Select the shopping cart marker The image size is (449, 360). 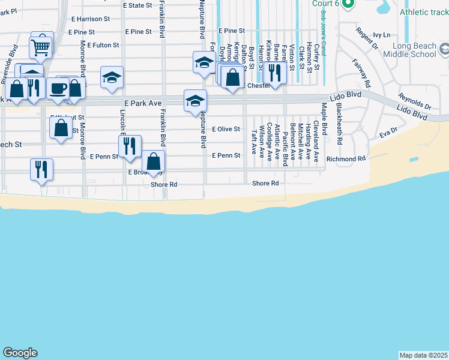[x=40, y=46]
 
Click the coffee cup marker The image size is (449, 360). [x=58, y=88]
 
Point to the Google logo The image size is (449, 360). [x=20, y=353]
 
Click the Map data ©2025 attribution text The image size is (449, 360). [x=424, y=355]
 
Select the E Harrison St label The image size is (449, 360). [x=89, y=19]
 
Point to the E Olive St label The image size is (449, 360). [x=226, y=129]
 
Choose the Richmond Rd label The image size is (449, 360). [x=346, y=159]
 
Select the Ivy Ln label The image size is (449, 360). [x=381, y=35]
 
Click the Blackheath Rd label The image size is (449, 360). [x=339, y=124]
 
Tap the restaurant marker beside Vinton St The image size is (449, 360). [x=274, y=74]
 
